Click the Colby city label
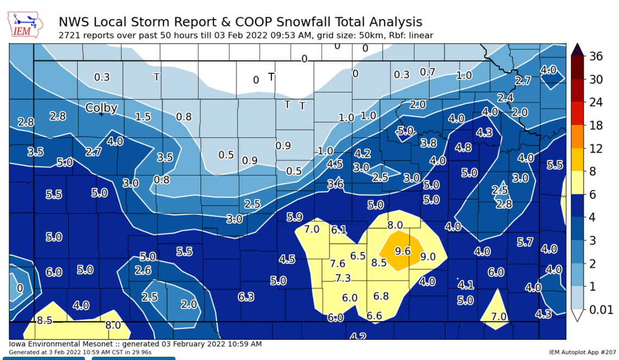click(102, 108)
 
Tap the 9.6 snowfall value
click(402, 251)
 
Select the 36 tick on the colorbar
click(596, 56)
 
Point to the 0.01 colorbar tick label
click(601, 310)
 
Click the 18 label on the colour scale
click(596, 125)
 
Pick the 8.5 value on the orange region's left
click(378, 263)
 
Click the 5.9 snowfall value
click(294, 217)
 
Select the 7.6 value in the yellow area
click(338, 264)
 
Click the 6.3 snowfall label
click(246, 296)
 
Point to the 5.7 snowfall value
click(525, 242)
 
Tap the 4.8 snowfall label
click(463, 147)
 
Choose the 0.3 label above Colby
click(102, 77)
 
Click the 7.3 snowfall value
click(343, 278)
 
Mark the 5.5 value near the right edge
click(554, 165)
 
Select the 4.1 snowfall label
click(466, 285)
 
